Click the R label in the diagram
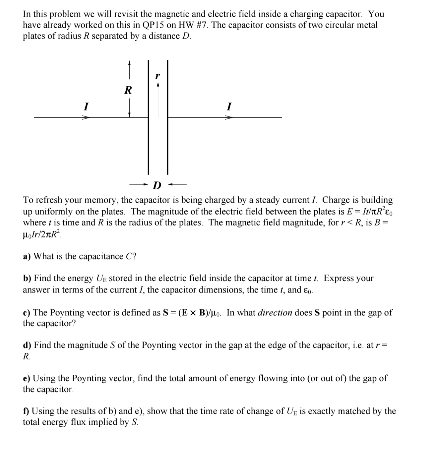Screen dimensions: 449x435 [128, 90]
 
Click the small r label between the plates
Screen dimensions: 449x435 [158, 76]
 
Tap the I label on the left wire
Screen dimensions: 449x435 [86, 106]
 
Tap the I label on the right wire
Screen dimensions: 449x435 [229, 106]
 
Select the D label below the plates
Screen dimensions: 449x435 [157, 185]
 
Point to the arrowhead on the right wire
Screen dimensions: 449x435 [228, 117]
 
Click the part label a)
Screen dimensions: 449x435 [27, 256]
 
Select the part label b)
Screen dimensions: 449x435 [27, 278]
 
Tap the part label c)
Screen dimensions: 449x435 [27, 313]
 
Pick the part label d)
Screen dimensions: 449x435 [27, 345]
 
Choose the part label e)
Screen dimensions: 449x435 [27, 378]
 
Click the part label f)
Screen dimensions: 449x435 [26, 411]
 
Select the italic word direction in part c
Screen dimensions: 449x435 [275, 313]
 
